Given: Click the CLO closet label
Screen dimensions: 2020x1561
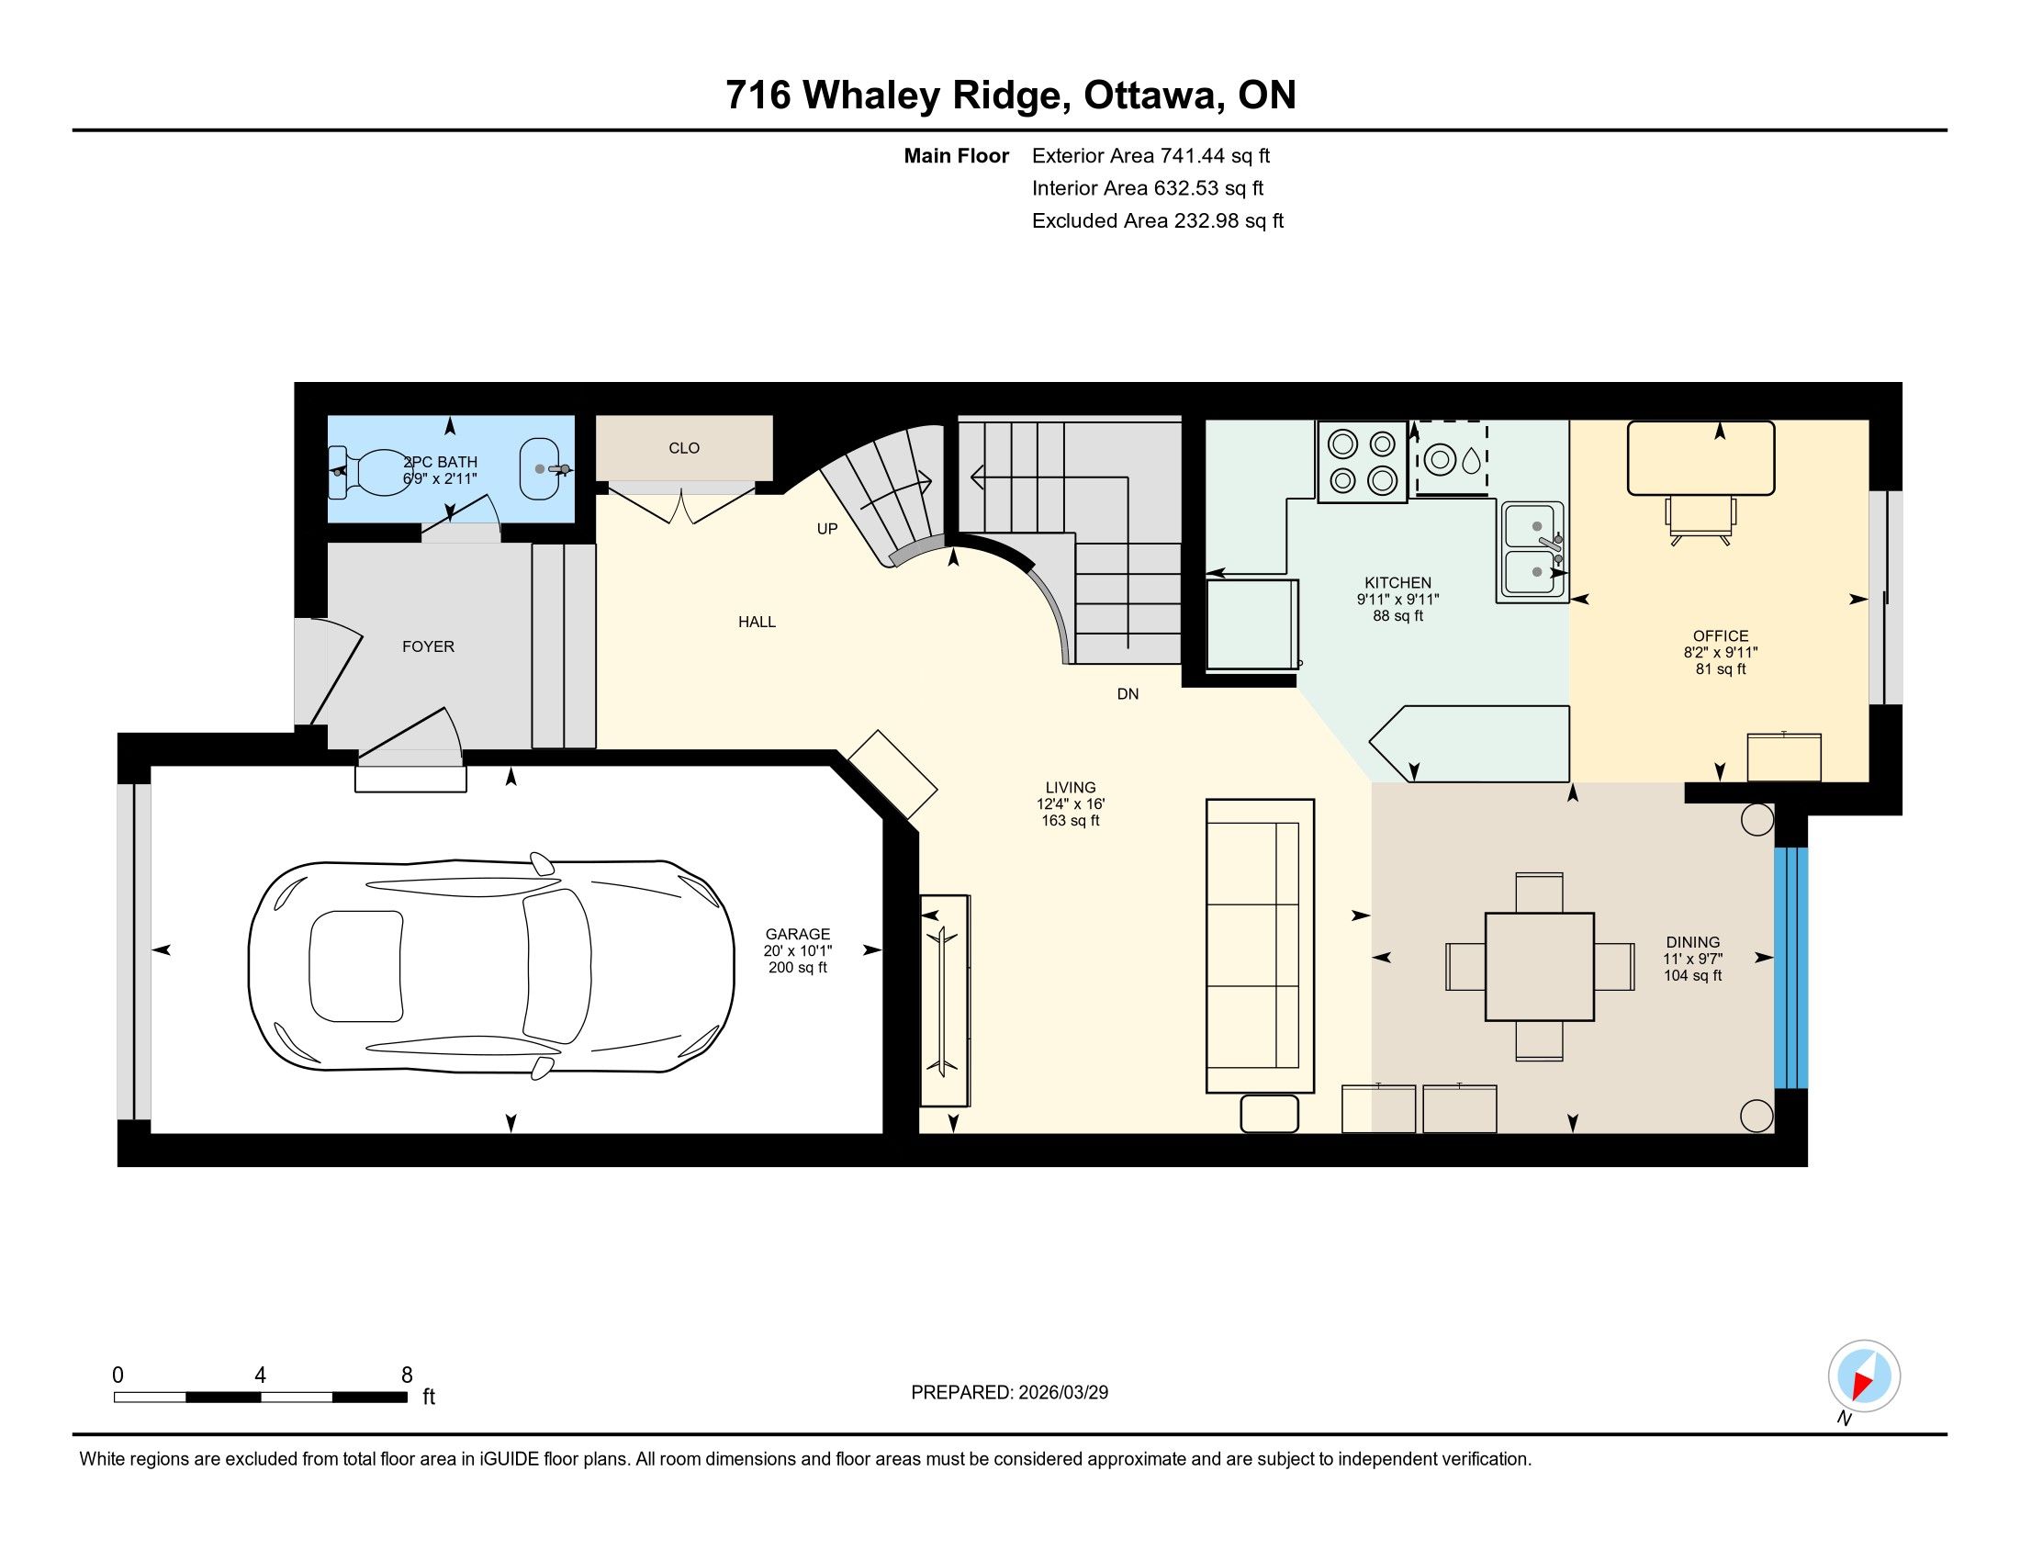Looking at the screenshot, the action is click(684, 448).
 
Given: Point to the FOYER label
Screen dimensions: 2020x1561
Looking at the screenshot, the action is click(428, 646).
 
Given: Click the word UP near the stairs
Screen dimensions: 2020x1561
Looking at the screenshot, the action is click(827, 529).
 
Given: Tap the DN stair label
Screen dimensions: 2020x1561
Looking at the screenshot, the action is click(1128, 694).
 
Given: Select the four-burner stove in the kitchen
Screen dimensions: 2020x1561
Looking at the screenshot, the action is click(1363, 462).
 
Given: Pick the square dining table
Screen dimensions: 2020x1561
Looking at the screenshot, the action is click(1539, 966).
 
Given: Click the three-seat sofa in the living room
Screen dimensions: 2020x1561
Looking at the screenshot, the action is click(1260, 946).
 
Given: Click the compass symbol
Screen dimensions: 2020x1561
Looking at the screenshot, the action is click(1864, 1376).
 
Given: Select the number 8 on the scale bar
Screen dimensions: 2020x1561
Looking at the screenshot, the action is click(407, 1376).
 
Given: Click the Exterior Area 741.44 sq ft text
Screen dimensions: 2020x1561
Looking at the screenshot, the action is click(1150, 156).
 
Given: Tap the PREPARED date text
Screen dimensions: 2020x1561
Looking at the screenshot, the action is click(1009, 1393).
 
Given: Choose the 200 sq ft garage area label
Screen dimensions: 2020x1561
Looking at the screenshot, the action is click(797, 967).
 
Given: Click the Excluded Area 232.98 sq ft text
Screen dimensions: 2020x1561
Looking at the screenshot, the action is click(1158, 221).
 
